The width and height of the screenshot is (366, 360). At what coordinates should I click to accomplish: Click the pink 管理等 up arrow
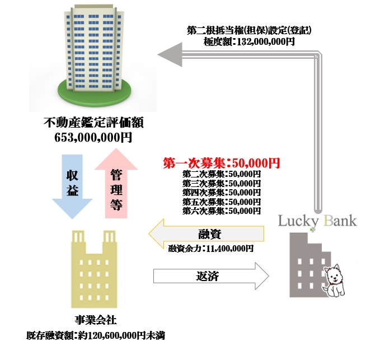pos(116,182)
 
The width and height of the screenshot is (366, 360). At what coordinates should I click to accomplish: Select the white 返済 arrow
pos(210,276)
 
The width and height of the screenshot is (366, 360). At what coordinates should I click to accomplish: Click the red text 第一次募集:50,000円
pos(221,163)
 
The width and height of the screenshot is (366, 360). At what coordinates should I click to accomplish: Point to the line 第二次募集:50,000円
pos(221,174)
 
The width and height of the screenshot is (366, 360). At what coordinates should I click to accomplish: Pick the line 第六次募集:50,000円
pos(221,211)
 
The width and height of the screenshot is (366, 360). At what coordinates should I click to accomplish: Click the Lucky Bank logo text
pos(317,221)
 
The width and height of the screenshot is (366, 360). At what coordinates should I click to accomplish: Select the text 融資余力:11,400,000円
pos(211,247)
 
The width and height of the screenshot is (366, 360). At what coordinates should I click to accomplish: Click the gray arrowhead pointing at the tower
pos(167,54)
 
